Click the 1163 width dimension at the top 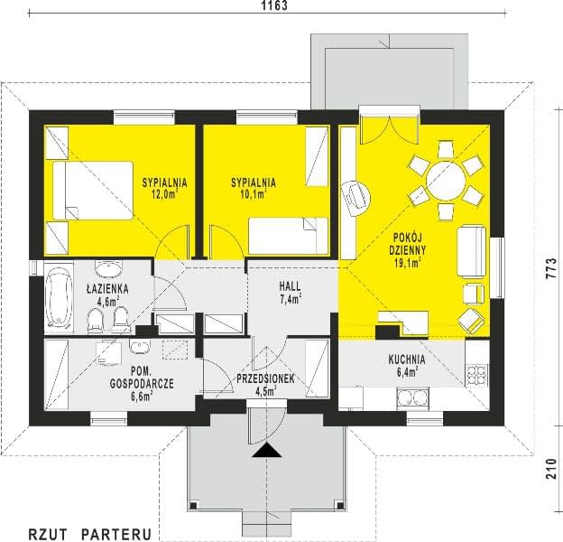pyautogui.click(x=274, y=5)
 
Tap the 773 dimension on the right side pyautogui.click(x=551, y=268)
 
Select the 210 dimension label pyautogui.click(x=551, y=468)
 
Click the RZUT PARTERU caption pyautogui.click(x=89, y=534)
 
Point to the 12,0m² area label pyautogui.click(x=165, y=194)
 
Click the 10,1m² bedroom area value pyautogui.click(x=254, y=194)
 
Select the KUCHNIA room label pyautogui.click(x=407, y=360)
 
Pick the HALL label pyautogui.click(x=291, y=286)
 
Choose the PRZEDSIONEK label pyautogui.click(x=265, y=378)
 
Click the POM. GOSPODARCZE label pyautogui.click(x=142, y=378)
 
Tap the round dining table pyautogui.click(x=446, y=181)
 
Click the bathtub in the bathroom pyautogui.click(x=59, y=298)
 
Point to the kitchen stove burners pyautogui.click(x=477, y=376)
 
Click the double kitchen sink pyautogui.click(x=412, y=398)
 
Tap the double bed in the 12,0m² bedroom pyautogui.click(x=93, y=191)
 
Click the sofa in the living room pyautogui.click(x=472, y=252)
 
